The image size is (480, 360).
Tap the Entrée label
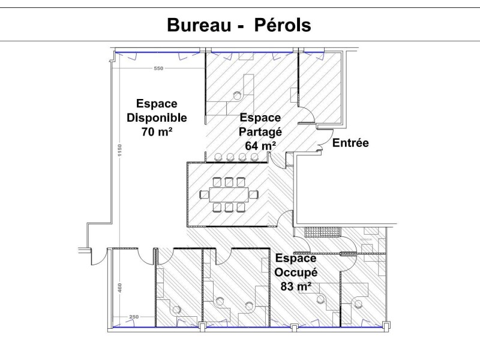[x=350, y=143]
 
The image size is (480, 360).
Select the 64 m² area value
[x=260, y=145]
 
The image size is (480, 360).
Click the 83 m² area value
[x=296, y=286]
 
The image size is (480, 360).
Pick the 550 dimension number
[x=158, y=68]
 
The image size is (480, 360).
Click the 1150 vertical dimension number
[x=120, y=151]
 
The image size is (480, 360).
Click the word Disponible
[x=157, y=118]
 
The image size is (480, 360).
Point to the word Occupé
[x=296, y=272]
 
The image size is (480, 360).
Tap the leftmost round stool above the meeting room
[x=218, y=157]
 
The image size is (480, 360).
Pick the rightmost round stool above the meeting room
[x=254, y=157]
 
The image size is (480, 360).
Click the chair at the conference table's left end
[x=202, y=194]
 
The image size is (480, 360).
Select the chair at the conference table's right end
[x=254, y=194]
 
